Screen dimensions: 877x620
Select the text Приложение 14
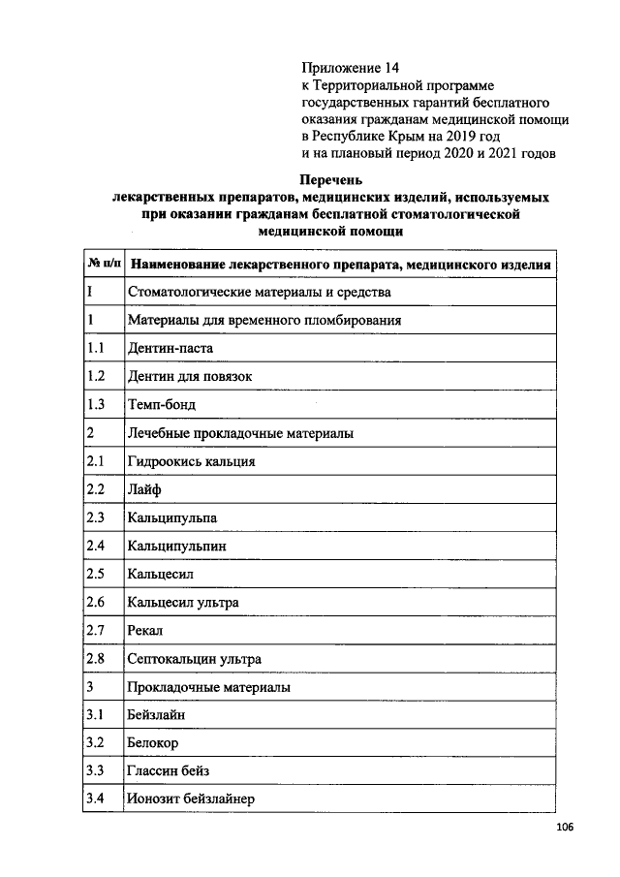tap(350, 68)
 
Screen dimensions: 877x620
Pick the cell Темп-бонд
tap(161, 404)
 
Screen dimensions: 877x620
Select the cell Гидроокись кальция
tap(191, 461)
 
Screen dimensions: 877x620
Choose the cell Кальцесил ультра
tap(182, 603)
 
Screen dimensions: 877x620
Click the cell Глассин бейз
tap(168, 772)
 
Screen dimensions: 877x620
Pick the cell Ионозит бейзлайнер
tap(190, 800)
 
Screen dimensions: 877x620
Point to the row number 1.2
tap(95, 376)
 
